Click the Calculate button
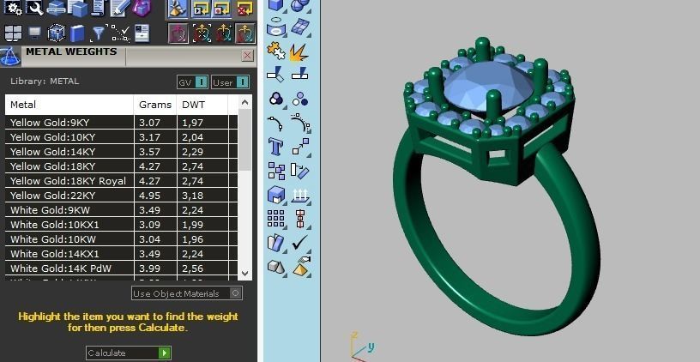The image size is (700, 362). (x=128, y=353)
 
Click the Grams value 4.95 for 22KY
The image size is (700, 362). (x=149, y=196)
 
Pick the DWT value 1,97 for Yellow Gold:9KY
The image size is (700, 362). (x=191, y=123)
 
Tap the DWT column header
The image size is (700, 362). (x=192, y=105)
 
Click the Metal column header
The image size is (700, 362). (x=23, y=105)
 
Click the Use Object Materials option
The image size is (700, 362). (x=186, y=293)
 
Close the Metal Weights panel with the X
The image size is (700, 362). (x=248, y=55)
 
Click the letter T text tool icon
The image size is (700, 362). (x=276, y=146)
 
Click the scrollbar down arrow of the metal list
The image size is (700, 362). (x=245, y=273)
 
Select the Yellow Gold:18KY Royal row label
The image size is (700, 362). (x=68, y=181)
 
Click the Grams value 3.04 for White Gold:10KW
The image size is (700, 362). (x=149, y=239)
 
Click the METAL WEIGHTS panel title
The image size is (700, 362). (x=71, y=52)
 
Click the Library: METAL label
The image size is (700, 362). (x=45, y=81)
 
